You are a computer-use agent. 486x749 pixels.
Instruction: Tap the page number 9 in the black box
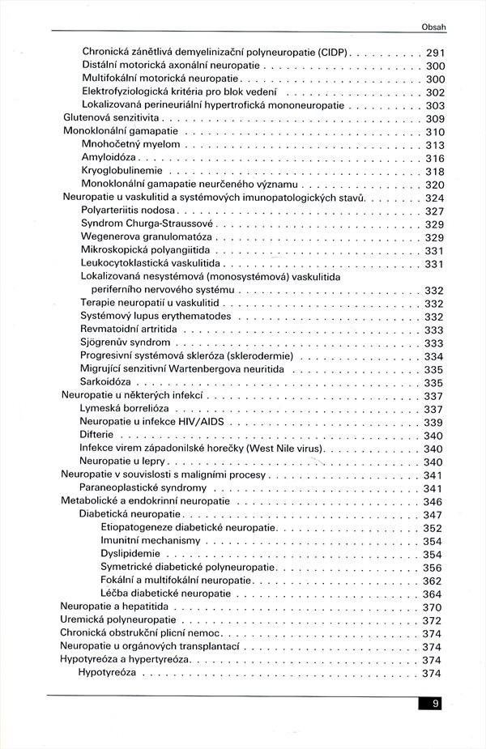[435, 704]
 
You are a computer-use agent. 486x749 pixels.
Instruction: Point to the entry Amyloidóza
[110, 158]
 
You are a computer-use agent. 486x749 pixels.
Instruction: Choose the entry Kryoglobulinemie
[122, 171]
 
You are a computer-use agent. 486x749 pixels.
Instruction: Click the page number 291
[435, 53]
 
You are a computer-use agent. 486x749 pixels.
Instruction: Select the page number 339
[433, 422]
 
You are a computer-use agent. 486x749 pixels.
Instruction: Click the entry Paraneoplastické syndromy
[143, 488]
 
